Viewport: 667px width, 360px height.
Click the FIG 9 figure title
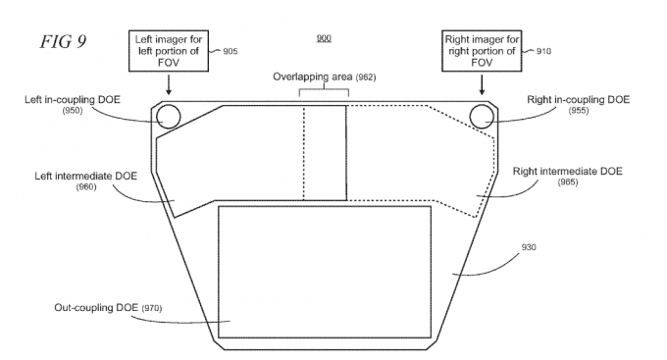(64, 42)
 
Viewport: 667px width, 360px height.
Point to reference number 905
(231, 51)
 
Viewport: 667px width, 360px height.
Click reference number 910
(543, 51)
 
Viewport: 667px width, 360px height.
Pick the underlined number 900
(324, 38)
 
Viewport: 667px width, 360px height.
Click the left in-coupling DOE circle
(169, 116)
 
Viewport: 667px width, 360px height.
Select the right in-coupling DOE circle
(482, 116)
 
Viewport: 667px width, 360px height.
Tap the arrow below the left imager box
(169, 84)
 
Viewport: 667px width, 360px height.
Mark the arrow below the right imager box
(482, 84)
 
